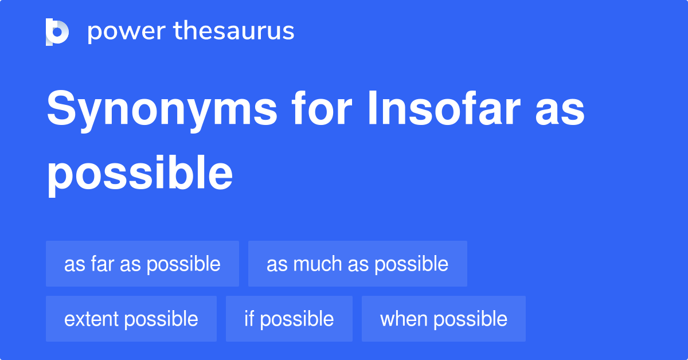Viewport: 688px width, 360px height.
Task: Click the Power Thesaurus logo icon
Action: click(57, 32)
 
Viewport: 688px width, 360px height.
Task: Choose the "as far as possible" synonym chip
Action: click(142, 264)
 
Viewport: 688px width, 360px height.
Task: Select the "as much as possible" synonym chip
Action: click(357, 264)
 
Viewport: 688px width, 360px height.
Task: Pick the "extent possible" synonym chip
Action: click(131, 319)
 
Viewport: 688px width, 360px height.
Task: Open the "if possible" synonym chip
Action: click(289, 319)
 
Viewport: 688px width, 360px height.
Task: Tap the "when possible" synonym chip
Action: click(443, 319)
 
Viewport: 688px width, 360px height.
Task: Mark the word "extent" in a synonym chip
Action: click(90, 319)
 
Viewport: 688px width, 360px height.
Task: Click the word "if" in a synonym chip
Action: click(249, 319)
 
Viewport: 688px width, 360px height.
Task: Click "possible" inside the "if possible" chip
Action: click(297, 319)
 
